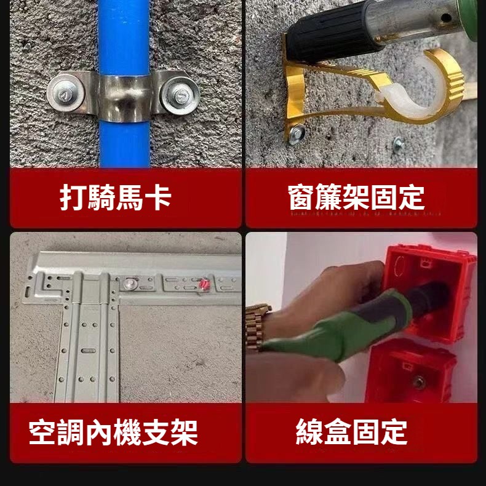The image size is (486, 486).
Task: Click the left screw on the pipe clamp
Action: point(66,92)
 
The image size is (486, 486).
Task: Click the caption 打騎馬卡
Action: point(116,197)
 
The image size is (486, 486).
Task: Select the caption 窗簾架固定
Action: point(356,197)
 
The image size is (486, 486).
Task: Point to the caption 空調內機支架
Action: point(113,432)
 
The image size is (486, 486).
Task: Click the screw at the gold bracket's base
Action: point(297,134)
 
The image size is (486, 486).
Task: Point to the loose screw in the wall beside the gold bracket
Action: point(397,143)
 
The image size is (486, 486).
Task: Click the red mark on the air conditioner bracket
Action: point(204,284)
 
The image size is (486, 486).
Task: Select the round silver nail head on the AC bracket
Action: point(131,283)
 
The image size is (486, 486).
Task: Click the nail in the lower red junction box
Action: point(418,382)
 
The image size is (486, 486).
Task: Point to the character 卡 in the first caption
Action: point(158,197)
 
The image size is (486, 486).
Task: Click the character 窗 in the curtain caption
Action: point(301,197)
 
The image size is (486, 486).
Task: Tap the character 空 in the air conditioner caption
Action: point(42,432)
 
